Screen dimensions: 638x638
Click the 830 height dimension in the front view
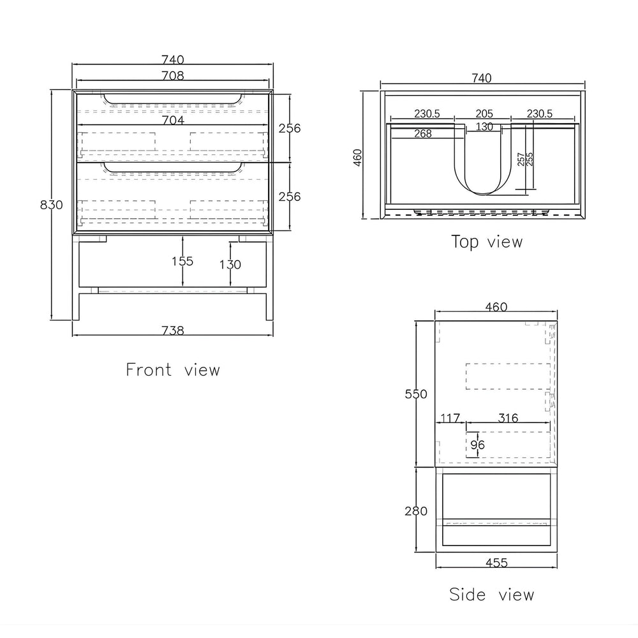point(51,205)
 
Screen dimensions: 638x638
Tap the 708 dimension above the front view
point(173,76)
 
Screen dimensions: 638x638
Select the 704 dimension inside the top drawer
point(173,120)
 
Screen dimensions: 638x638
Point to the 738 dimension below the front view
point(173,330)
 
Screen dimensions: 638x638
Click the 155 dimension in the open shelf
point(182,261)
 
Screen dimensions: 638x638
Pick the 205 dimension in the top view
point(484,114)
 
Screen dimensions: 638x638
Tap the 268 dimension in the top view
point(423,133)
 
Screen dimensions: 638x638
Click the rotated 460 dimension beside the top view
point(357,157)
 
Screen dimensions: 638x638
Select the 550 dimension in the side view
point(416,394)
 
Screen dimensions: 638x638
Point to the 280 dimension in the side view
point(416,511)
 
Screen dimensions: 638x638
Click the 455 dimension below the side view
point(496,563)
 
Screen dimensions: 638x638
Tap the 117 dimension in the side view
point(450,418)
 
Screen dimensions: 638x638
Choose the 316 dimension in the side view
point(508,418)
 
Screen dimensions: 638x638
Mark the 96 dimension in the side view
point(478,445)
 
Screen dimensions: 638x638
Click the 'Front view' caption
point(173,370)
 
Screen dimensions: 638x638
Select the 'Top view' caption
point(487,242)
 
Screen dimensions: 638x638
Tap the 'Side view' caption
point(491,595)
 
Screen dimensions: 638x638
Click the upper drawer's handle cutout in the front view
point(172,103)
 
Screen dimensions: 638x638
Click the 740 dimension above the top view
point(482,78)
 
